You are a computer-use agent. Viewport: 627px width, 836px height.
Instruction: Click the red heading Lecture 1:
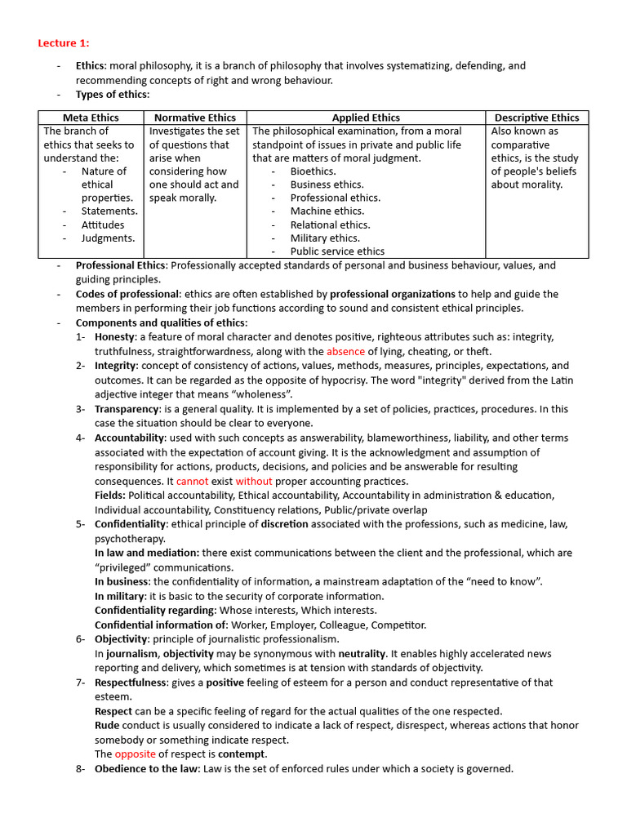pos(64,42)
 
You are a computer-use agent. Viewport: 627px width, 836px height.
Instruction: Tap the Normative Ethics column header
pos(195,118)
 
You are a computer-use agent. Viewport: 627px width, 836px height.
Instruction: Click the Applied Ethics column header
pos(366,118)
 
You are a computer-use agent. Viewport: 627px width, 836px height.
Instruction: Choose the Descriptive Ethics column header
pos(536,118)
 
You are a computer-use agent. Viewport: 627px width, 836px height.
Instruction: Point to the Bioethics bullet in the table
pos(313,171)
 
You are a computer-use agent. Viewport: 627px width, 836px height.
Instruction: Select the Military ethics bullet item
pos(324,238)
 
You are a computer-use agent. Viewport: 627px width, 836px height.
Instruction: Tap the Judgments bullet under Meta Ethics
pos(108,238)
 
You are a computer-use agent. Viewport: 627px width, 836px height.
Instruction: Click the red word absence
pos(345,352)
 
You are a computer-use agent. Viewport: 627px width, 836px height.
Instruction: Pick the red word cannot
pos(193,482)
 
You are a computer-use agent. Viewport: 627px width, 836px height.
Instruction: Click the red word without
pos(254,482)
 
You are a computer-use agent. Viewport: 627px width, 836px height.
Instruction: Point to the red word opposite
pos(135,754)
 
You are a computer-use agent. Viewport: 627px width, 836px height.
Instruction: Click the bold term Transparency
pos(127,409)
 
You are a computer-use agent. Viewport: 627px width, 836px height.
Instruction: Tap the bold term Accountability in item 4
pos(131,438)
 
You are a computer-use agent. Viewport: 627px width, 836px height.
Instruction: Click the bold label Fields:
pos(110,496)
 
